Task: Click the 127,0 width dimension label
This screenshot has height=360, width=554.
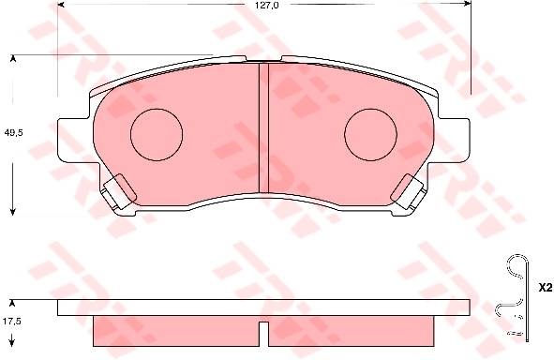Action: coord(267,5)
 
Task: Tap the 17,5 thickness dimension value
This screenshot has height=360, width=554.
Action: coord(12,322)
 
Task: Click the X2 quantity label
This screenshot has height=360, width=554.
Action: coord(546,288)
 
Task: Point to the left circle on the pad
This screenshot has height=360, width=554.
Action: coord(157,109)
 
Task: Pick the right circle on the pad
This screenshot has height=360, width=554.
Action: coord(370,109)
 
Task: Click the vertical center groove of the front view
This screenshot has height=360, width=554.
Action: coord(264,127)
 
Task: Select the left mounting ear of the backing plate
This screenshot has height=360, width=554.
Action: coord(73,141)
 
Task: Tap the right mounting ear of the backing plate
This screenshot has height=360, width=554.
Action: coord(455,141)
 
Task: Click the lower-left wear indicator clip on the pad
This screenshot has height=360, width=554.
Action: coord(118,191)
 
